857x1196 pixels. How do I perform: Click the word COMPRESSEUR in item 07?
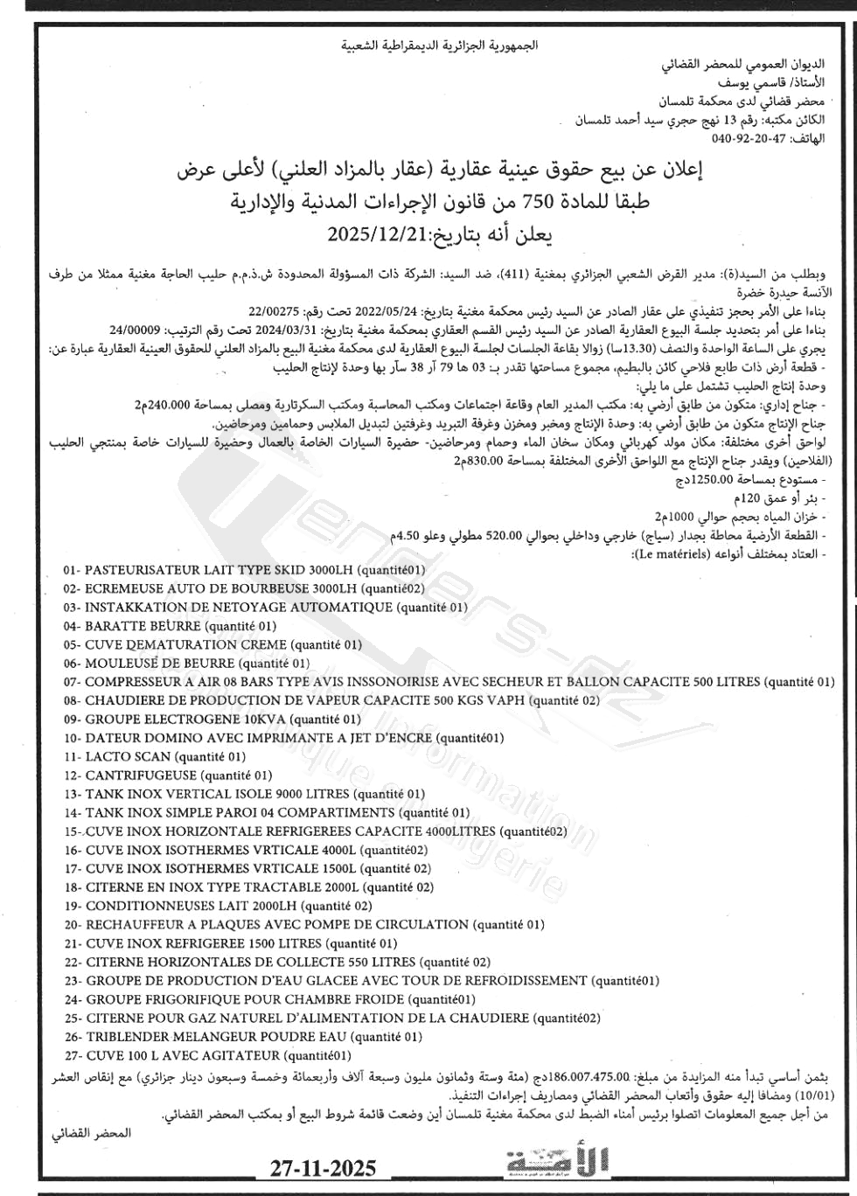(x=136, y=682)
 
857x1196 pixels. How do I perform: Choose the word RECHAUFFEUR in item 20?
(x=136, y=925)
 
